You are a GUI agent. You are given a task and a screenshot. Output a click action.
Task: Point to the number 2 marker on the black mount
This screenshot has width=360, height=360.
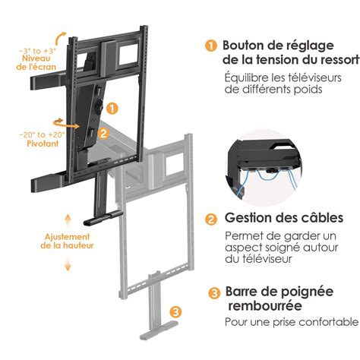pos(103,131)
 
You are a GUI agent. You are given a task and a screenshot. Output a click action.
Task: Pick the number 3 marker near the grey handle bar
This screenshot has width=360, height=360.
pos(175,311)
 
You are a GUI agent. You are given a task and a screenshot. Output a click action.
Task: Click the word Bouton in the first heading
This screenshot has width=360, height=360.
pos(244,46)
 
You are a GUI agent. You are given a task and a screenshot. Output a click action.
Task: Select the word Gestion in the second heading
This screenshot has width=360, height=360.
pos(246,218)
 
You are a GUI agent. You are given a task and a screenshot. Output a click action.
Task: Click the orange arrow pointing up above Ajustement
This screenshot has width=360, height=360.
pos(67,219)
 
